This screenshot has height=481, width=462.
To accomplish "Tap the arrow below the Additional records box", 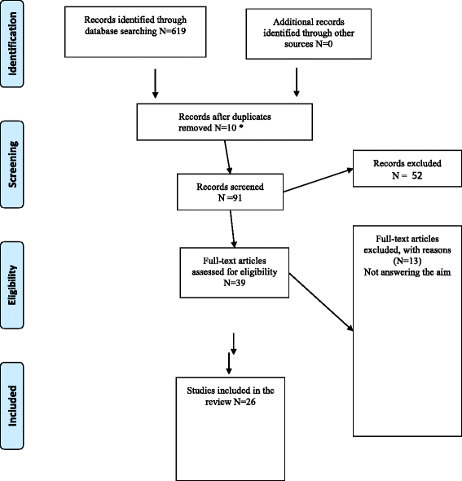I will (297, 82).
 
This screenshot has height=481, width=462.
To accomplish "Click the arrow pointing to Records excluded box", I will (318, 181).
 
